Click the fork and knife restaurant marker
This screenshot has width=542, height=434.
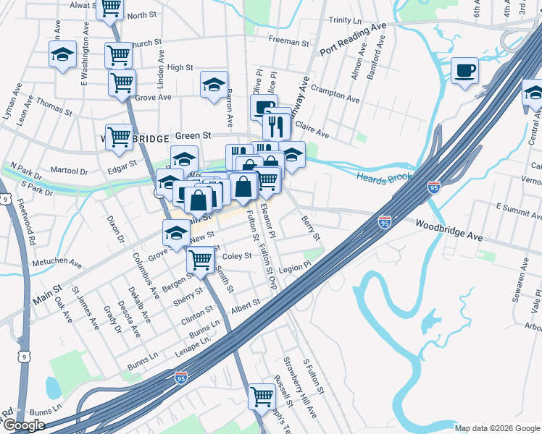pyautogui.click(x=277, y=127)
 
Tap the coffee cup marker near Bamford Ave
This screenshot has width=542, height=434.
pyautogui.click(x=464, y=71)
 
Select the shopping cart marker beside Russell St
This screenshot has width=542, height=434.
pyautogui.click(x=261, y=396)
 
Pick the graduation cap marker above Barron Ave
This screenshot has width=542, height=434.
pyautogui.click(x=214, y=85)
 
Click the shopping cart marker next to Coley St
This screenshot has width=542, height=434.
pyautogui.click(x=201, y=259)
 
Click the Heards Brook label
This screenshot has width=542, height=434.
pyautogui.click(x=383, y=176)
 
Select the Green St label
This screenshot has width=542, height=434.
pyautogui.click(x=193, y=135)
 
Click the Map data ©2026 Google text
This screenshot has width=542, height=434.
pyautogui.click(x=497, y=428)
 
